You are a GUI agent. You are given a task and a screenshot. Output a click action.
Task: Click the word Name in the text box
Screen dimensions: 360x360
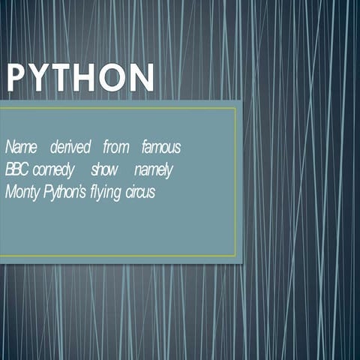21,147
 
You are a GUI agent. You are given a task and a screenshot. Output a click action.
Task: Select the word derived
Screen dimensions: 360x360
70,147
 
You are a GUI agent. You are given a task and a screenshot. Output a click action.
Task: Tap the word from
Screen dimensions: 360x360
116,147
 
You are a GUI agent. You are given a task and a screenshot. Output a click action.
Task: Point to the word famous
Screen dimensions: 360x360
161,147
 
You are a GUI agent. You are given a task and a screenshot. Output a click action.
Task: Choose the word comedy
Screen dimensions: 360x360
53,170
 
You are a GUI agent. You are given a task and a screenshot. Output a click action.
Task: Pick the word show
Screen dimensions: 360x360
104,169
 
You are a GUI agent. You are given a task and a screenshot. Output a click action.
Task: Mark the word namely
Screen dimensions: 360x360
154,170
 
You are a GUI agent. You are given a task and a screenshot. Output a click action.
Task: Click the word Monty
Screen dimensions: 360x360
22,193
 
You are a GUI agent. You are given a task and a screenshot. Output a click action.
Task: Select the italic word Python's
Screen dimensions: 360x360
65,193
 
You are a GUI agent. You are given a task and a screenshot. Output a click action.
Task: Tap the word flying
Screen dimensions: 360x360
106,193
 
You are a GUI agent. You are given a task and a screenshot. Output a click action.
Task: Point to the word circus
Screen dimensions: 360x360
140,192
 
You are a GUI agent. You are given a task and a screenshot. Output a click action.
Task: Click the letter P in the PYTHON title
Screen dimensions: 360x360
17,77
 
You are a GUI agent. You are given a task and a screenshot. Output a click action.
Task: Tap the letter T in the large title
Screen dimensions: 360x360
63,77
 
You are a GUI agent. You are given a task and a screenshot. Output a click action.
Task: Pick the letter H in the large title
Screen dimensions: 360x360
85,77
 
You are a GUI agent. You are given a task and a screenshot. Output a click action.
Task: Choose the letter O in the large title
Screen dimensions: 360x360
112,77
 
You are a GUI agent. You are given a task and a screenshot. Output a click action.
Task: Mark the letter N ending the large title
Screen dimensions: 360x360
142,77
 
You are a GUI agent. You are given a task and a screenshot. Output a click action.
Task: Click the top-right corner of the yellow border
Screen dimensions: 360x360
235,108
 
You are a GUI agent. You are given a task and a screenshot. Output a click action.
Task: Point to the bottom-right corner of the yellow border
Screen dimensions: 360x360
235,256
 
